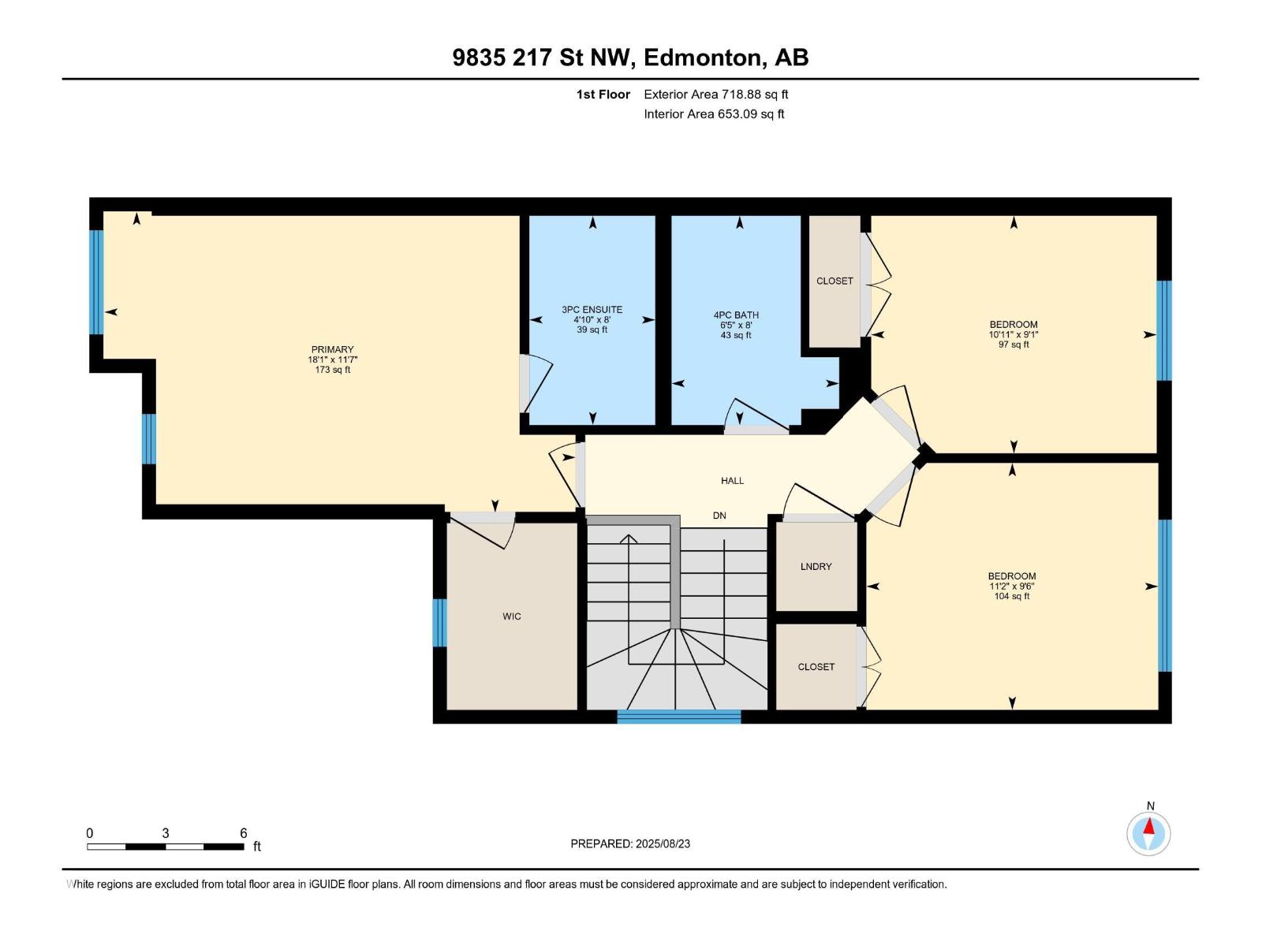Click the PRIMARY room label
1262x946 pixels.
point(332,349)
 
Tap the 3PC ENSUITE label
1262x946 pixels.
point(592,310)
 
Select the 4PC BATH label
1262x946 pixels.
point(736,315)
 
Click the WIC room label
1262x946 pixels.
point(512,616)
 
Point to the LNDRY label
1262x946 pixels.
point(816,566)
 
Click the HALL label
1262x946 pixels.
point(733,481)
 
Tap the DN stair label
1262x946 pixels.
point(719,516)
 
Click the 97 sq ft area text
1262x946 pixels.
point(1014,345)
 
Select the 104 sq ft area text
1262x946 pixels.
point(1012,596)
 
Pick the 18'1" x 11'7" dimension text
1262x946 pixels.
point(332,359)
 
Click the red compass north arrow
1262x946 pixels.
point(1148,826)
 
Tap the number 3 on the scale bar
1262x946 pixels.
point(166,833)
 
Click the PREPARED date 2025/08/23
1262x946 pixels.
point(663,844)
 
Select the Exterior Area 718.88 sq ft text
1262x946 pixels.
point(716,94)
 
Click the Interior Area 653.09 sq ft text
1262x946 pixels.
point(714,114)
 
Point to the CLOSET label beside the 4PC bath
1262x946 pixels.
point(834,281)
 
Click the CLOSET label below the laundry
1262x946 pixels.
point(816,667)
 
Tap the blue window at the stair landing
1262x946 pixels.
point(679,717)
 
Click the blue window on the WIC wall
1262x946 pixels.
point(439,623)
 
